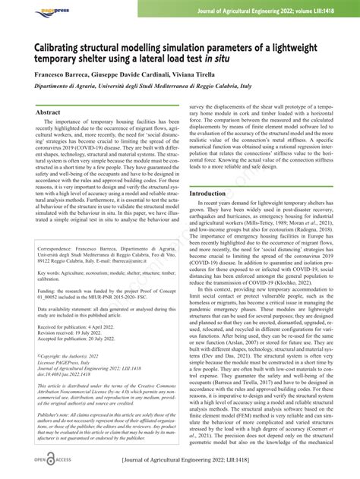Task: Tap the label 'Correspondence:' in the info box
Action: (x=56, y=269)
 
